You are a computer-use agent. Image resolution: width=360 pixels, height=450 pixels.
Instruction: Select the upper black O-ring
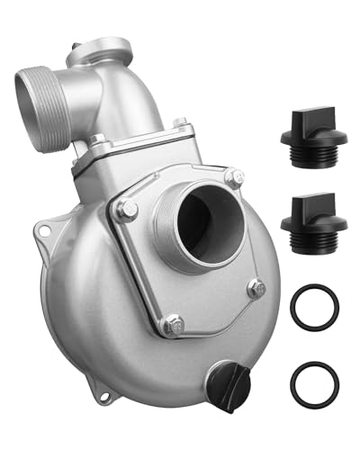tap(314, 308)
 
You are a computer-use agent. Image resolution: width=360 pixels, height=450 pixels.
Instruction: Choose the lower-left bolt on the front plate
tap(172, 321)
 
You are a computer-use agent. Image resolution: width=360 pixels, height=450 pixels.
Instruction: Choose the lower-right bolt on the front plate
tap(256, 289)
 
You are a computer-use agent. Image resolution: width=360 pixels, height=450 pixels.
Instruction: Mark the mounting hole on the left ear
tap(41, 236)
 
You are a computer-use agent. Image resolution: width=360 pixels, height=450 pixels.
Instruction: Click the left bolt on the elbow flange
tap(96, 140)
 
